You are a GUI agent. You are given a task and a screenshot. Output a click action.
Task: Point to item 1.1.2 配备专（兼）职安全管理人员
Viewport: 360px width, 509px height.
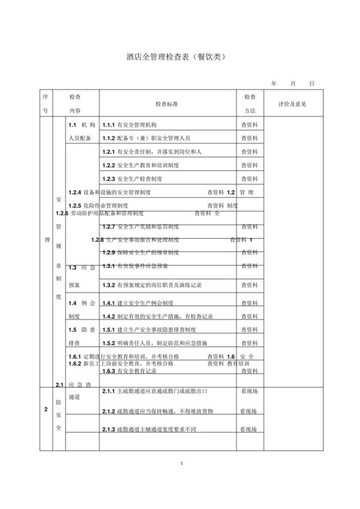146,138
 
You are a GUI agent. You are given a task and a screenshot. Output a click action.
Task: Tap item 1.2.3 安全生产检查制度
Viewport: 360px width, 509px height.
137,178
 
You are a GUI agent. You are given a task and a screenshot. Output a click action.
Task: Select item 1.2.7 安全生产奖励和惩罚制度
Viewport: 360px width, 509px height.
145,227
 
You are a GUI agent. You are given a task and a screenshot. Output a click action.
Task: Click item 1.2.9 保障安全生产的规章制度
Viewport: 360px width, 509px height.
145,252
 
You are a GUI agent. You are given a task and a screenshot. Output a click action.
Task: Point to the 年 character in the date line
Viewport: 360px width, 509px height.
274,84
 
